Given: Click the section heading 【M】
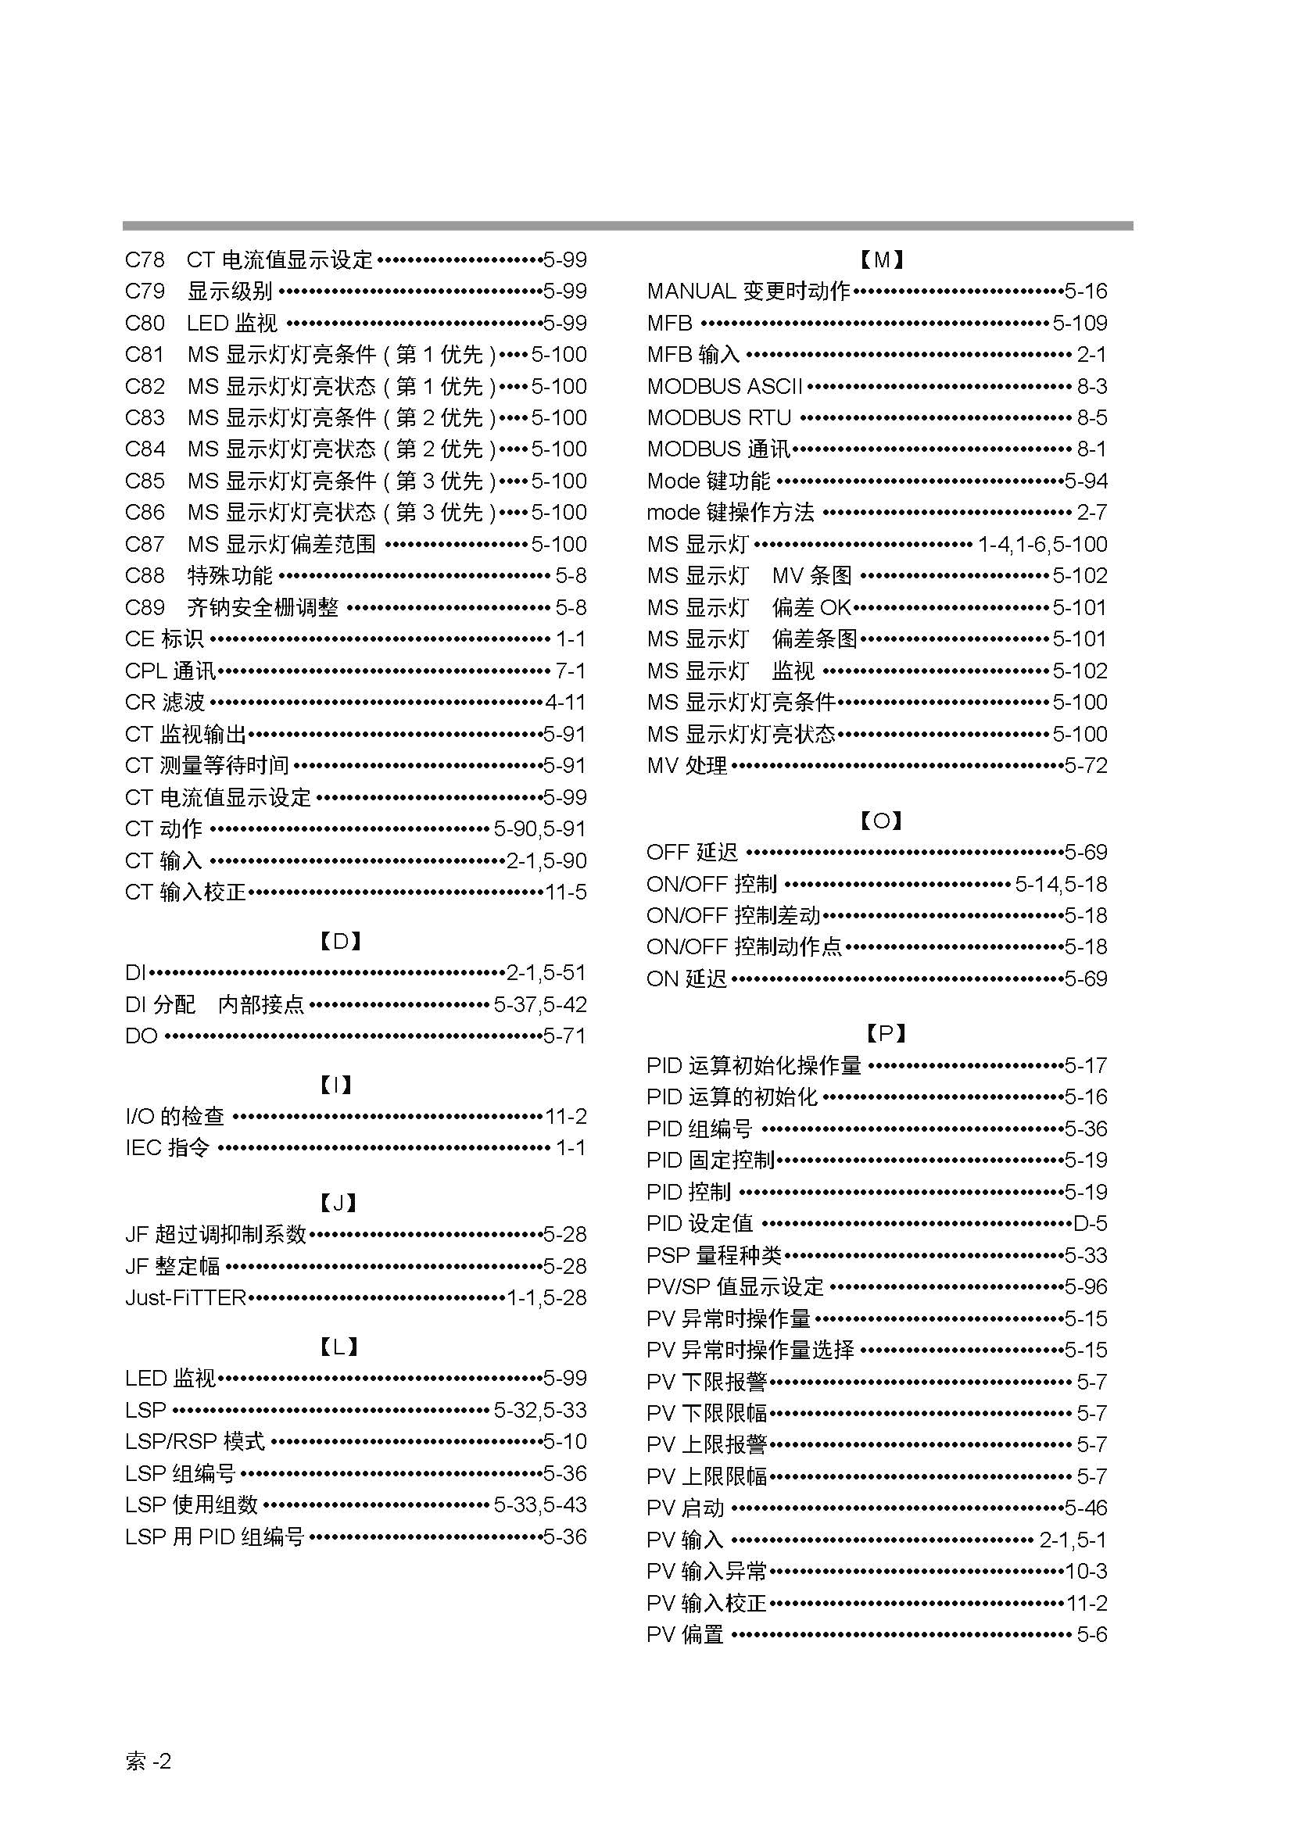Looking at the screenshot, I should [x=882, y=259].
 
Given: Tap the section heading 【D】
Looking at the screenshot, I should [x=341, y=942].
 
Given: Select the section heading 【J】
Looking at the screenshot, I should [x=339, y=1203].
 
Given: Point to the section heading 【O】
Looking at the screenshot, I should [x=881, y=821].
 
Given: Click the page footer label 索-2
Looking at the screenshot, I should [x=148, y=1761].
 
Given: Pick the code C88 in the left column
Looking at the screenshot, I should [x=145, y=576].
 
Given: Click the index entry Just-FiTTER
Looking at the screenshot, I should [x=185, y=1298].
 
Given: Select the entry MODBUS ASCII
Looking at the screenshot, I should [x=725, y=387].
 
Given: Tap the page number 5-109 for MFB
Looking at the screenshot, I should [x=1079, y=324].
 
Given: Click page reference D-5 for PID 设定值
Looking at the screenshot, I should [x=1089, y=1224].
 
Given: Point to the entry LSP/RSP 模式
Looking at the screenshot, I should [x=195, y=1442].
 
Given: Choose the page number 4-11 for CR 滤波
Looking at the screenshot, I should [x=565, y=703].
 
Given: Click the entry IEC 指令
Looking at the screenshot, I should [x=167, y=1148].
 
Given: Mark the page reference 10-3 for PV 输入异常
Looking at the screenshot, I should [x=1086, y=1572].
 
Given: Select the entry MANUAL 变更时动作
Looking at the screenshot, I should [x=748, y=292].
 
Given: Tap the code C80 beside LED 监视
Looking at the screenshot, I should [x=145, y=324].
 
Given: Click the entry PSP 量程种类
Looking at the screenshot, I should [x=715, y=1256].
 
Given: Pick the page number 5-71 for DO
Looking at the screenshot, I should [x=564, y=1036].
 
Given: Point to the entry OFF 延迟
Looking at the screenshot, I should [x=693, y=853].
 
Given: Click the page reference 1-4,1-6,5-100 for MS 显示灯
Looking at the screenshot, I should [x=1042, y=545].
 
